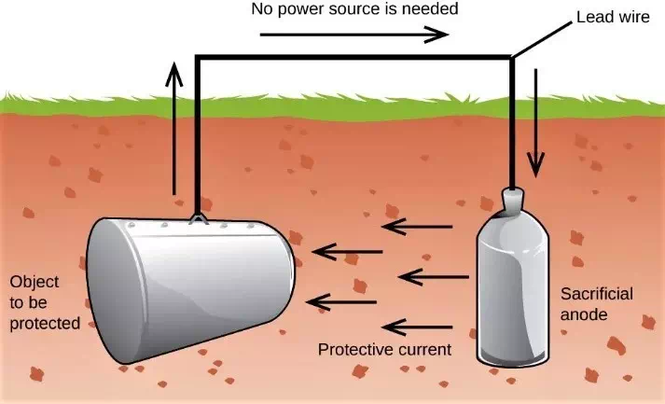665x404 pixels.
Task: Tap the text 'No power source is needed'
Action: click(x=356, y=11)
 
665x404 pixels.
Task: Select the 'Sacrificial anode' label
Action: click(x=595, y=304)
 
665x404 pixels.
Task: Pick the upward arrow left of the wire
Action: click(x=174, y=131)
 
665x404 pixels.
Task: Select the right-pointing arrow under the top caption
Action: click(x=353, y=36)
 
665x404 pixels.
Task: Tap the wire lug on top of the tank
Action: click(x=198, y=219)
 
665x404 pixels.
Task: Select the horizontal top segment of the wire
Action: click(x=354, y=59)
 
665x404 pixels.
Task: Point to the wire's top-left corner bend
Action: click(x=198, y=60)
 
